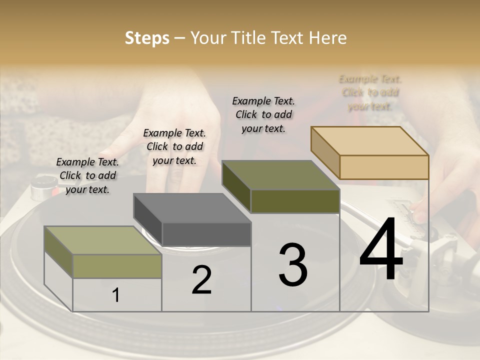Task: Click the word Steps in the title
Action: pyautogui.click(x=147, y=38)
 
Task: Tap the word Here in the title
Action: pyautogui.click(x=328, y=38)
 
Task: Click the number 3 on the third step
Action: pyautogui.click(x=293, y=265)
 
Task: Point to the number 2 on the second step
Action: pyautogui.click(x=201, y=280)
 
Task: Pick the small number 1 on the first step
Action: pyautogui.click(x=116, y=295)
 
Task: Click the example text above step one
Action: pyautogui.click(x=87, y=175)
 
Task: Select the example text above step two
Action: pyautogui.click(x=174, y=146)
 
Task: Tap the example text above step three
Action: pyautogui.click(x=263, y=114)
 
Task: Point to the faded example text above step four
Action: pyautogui.click(x=370, y=92)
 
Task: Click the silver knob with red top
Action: pyautogui.click(x=40, y=187)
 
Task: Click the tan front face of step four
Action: pyautogui.click(x=384, y=167)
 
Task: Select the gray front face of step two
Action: pyautogui.click(x=206, y=234)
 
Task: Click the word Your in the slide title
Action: pyautogui.click(x=209, y=38)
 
